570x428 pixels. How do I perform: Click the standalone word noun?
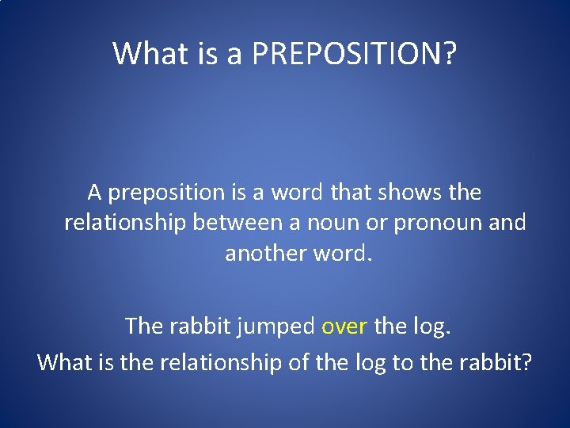point(349,223)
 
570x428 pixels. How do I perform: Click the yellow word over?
point(344,326)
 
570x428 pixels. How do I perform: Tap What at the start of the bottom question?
point(63,362)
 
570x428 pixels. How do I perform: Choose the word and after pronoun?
point(508,223)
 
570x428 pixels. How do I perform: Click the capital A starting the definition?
point(95,193)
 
